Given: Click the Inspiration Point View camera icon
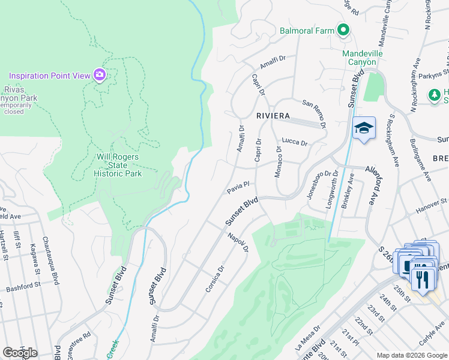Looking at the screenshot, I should [x=100, y=75].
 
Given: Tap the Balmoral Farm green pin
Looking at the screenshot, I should [x=343, y=30].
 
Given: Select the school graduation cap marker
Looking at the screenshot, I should [x=364, y=128].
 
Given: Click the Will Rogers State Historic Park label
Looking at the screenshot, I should [x=119, y=165].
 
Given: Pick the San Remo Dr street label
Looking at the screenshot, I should [x=314, y=113].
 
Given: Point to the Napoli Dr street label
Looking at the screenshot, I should [x=238, y=244].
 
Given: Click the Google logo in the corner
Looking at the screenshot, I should [x=20, y=353].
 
